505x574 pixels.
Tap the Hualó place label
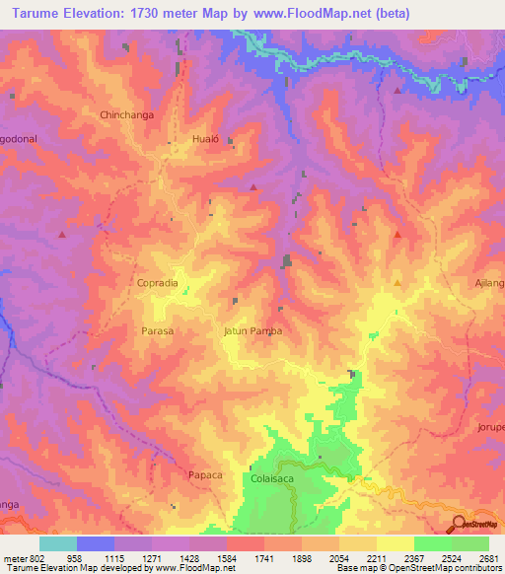204,140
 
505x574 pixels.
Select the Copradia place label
157,282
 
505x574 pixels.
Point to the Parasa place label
157,330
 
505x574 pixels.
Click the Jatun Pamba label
252,330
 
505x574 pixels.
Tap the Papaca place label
206,474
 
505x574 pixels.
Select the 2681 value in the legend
488,558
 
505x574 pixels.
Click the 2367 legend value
413,558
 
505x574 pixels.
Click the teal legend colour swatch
58,543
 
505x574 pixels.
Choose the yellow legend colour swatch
395,543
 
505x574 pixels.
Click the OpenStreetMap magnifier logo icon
461,524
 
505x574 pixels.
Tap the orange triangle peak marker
397,282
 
